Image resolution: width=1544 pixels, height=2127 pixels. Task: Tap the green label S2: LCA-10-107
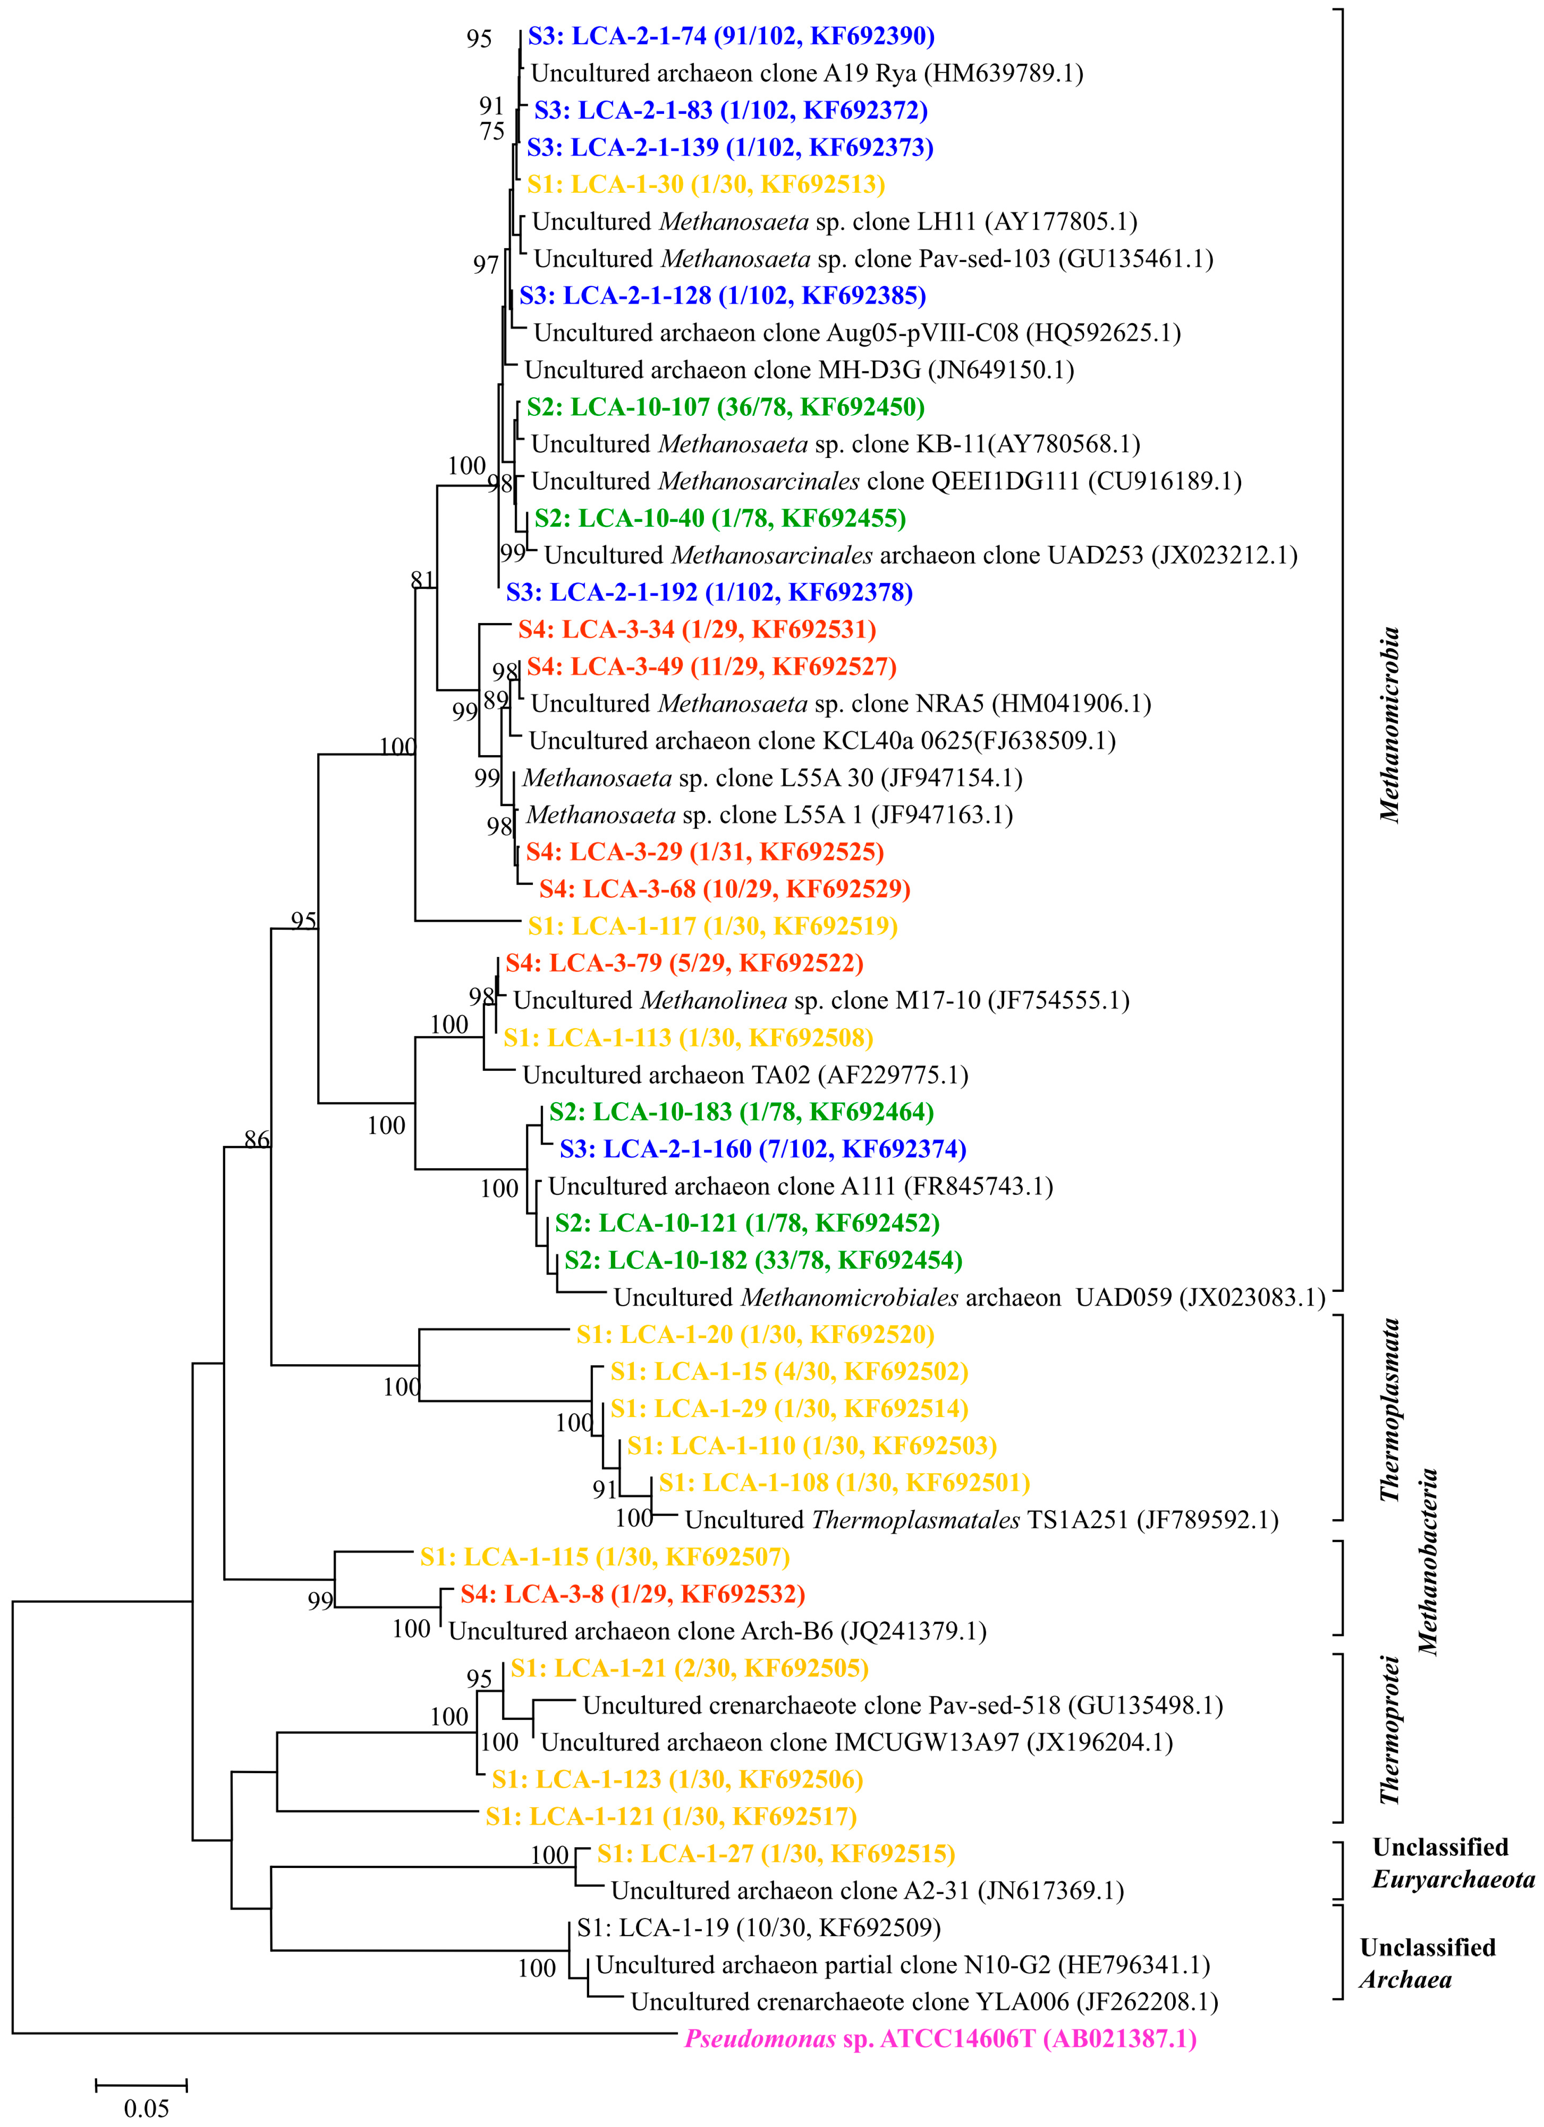(725, 407)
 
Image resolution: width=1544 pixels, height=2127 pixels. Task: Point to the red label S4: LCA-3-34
(697, 629)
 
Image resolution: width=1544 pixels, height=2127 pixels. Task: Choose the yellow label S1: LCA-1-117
(712, 927)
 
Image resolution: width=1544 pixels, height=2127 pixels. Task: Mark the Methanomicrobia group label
(1389, 724)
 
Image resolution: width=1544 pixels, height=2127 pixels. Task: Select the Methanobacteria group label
(1427, 1562)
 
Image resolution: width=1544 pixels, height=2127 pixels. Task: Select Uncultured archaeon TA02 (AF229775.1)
(745, 1075)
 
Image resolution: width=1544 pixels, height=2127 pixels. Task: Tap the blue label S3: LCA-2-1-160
(762, 1149)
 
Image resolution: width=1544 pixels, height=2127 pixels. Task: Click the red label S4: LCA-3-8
(632, 1594)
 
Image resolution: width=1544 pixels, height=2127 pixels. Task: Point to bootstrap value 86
(256, 1139)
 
